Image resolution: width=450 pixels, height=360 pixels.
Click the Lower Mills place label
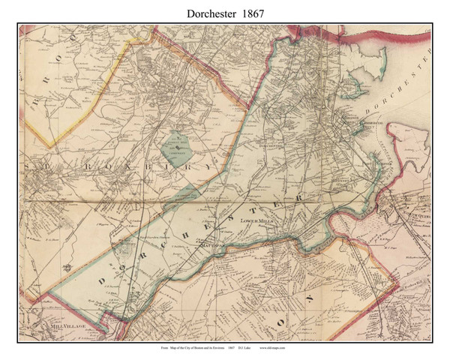click(259, 223)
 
